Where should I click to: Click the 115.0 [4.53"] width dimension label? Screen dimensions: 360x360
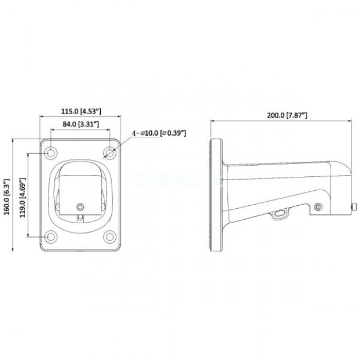coord(81,112)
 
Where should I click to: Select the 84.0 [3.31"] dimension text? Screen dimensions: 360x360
coord(81,124)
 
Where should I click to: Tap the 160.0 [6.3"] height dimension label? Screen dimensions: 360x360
coord(7,197)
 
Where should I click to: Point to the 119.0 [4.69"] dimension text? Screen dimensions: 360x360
coord(22,197)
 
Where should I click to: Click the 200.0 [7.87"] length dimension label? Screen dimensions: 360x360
coord(287,115)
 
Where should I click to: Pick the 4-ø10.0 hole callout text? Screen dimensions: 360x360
coord(159,133)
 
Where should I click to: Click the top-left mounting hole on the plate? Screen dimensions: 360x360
coord(50,153)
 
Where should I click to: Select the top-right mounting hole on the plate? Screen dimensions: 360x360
coord(110,153)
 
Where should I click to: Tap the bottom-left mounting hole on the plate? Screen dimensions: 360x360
coord(50,237)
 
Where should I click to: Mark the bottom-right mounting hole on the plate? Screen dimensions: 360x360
coord(110,237)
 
